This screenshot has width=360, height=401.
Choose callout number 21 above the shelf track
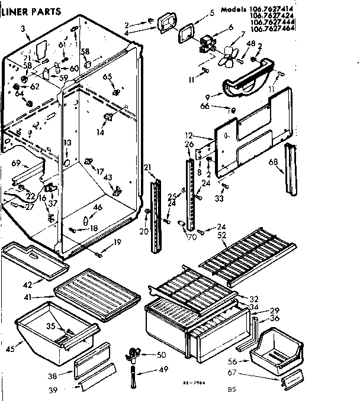click(x=147, y=167)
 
